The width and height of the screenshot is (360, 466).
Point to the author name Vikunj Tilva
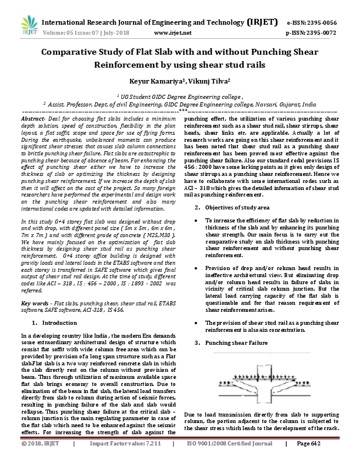pyautogui.click(x=203, y=81)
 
